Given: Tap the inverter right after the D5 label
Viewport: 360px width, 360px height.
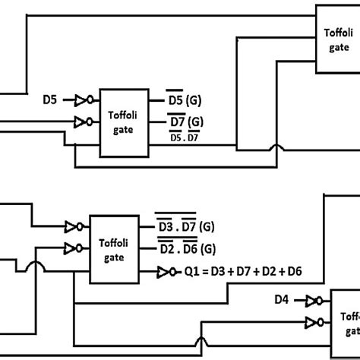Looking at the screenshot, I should tap(83, 99).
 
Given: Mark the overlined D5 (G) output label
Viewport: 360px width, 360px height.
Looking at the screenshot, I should tap(185, 99).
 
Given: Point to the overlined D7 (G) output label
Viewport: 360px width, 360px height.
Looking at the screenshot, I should tap(185, 121).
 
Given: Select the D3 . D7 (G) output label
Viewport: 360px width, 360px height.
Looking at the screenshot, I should tap(186, 227).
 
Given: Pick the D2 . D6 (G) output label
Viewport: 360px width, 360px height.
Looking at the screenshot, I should tap(186, 248).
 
